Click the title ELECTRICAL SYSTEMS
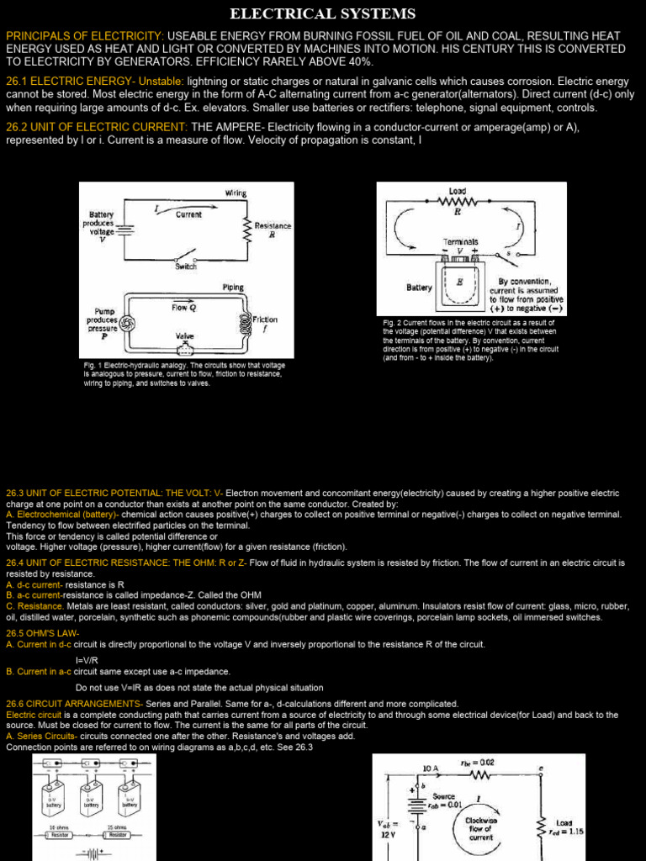click(x=323, y=13)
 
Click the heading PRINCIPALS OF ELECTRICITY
click(x=85, y=36)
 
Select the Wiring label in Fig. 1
click(x=236, y=193)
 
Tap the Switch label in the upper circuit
click(x=186, y=266)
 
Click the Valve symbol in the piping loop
click(x=186, y=348)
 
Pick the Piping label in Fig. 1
click(x=233, y=287)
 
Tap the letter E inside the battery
click(x=460, y=283)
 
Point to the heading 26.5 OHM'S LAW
click(x=43, y=632)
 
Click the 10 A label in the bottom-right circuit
click(x=431, y=768)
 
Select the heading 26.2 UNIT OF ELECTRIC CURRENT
click(x=97, y=126)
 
